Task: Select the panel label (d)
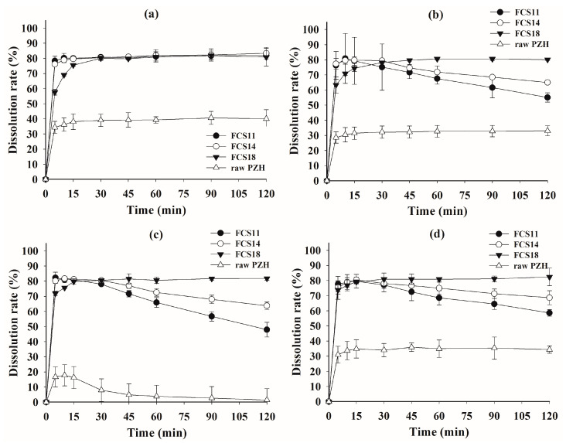438,235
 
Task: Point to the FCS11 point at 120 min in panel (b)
547,97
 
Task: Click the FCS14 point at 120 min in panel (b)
547,83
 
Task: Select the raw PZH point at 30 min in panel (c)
101,389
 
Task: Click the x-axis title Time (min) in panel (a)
155,208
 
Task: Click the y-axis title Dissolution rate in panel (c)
10,325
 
